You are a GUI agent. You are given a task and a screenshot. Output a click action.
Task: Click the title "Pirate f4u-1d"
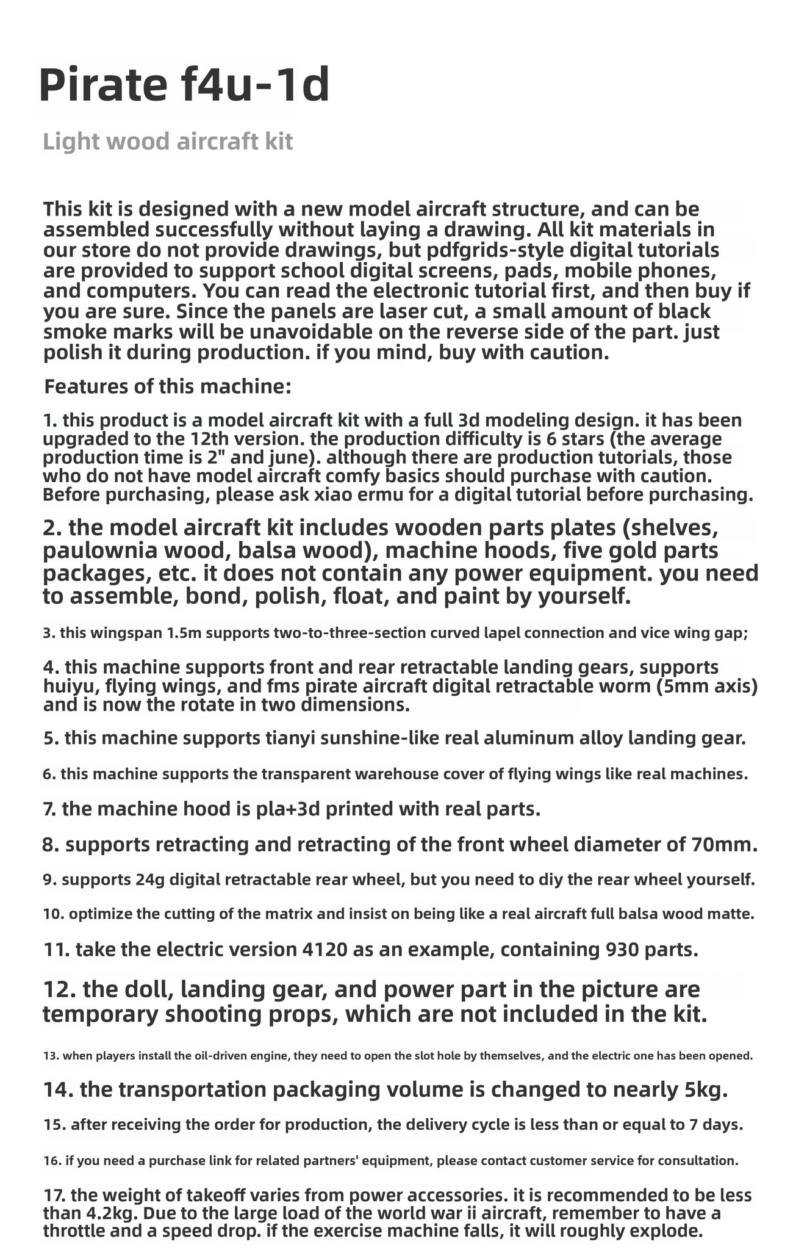click(184, 86)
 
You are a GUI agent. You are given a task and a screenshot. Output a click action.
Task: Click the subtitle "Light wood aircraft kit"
click(168, 142)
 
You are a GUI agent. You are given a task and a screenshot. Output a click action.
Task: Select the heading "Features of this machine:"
click(168, 386)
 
